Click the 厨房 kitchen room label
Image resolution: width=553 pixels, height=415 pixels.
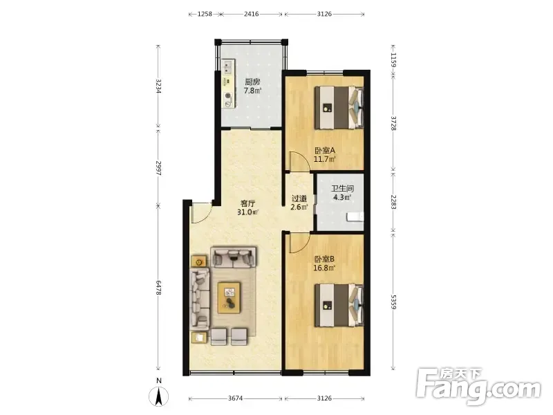[x=252, y=82]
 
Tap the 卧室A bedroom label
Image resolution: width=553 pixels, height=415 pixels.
[x=325, y=150]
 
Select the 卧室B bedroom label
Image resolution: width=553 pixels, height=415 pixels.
[x=324, y=259]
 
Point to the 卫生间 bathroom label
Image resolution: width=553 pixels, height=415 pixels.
[x=342, y=189]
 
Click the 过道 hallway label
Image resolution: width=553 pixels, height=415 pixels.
[x=299, y=199]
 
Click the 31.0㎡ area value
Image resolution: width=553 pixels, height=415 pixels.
[x=248, y=212]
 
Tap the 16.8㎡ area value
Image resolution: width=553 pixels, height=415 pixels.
[x=324, y=268]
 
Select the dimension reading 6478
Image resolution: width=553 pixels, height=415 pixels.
[x=158, y=288]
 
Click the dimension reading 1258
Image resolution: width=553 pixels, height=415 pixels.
[x=205, y=14]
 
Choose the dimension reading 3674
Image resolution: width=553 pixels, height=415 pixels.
[x=235, y=398]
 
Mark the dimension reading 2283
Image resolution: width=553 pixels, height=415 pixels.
[x=393, y=201]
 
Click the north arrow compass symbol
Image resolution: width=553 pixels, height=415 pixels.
[x=159, y=396]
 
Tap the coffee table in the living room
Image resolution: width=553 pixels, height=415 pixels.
[x=229, y=297]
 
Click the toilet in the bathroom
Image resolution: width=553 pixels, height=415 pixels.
[x=355, y=216]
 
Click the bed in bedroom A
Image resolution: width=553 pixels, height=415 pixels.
[x=339, y=107]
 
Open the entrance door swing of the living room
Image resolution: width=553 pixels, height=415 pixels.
[x=200, y=212]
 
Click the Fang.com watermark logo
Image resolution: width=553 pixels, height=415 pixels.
[x=479, y=387]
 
